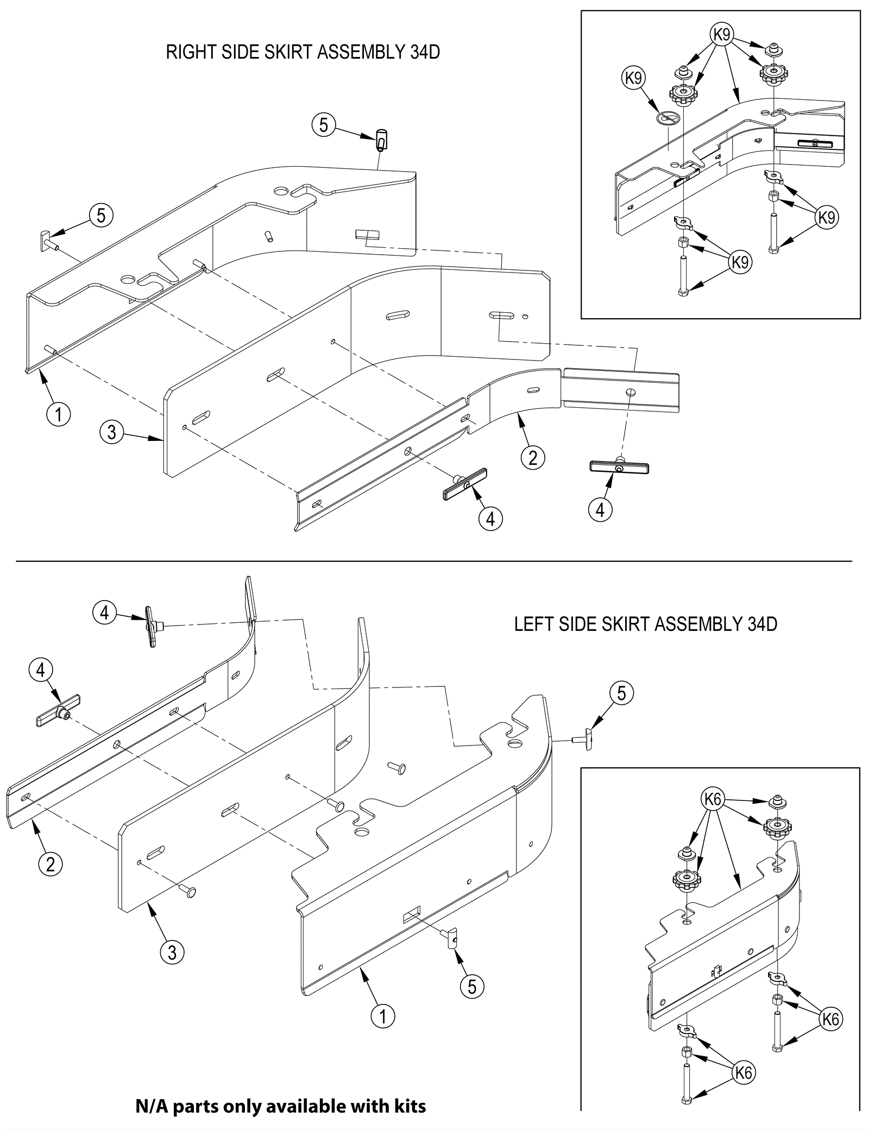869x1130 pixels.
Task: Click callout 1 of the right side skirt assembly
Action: pos(59,415)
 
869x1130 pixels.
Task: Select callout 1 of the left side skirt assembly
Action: pos(383,1015)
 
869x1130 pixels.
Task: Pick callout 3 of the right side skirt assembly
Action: pos(111,432)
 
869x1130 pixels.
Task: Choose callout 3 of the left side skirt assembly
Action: pos(172,952)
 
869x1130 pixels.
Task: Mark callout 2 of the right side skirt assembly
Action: pos(532,458)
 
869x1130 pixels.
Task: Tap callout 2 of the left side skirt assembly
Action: pos(51,863)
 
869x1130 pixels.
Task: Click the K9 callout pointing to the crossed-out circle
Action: pos(633,79)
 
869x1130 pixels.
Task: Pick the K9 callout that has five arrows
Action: pos(722,35)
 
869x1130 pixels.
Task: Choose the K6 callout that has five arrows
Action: pos(713,799)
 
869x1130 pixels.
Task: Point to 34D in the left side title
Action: pos(762,624)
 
